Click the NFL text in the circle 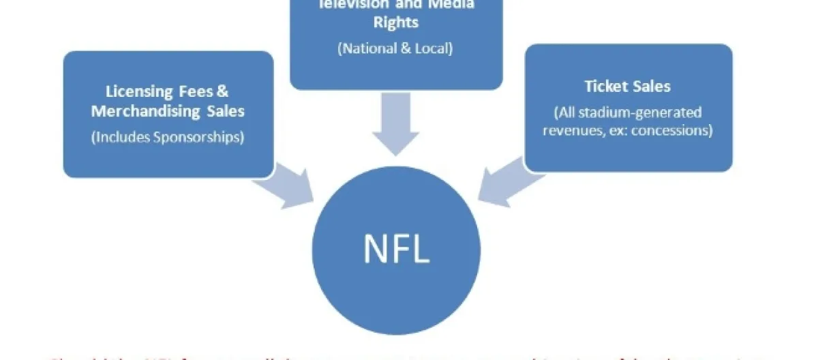pos(396,249)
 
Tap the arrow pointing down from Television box pos(396,123)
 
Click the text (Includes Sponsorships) pos(167,136)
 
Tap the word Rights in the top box pos(396,22)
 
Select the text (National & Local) pos(396,49)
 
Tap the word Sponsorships pos(202,136)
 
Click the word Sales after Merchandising pos(225,111)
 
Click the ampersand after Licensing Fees pos(224,91)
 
